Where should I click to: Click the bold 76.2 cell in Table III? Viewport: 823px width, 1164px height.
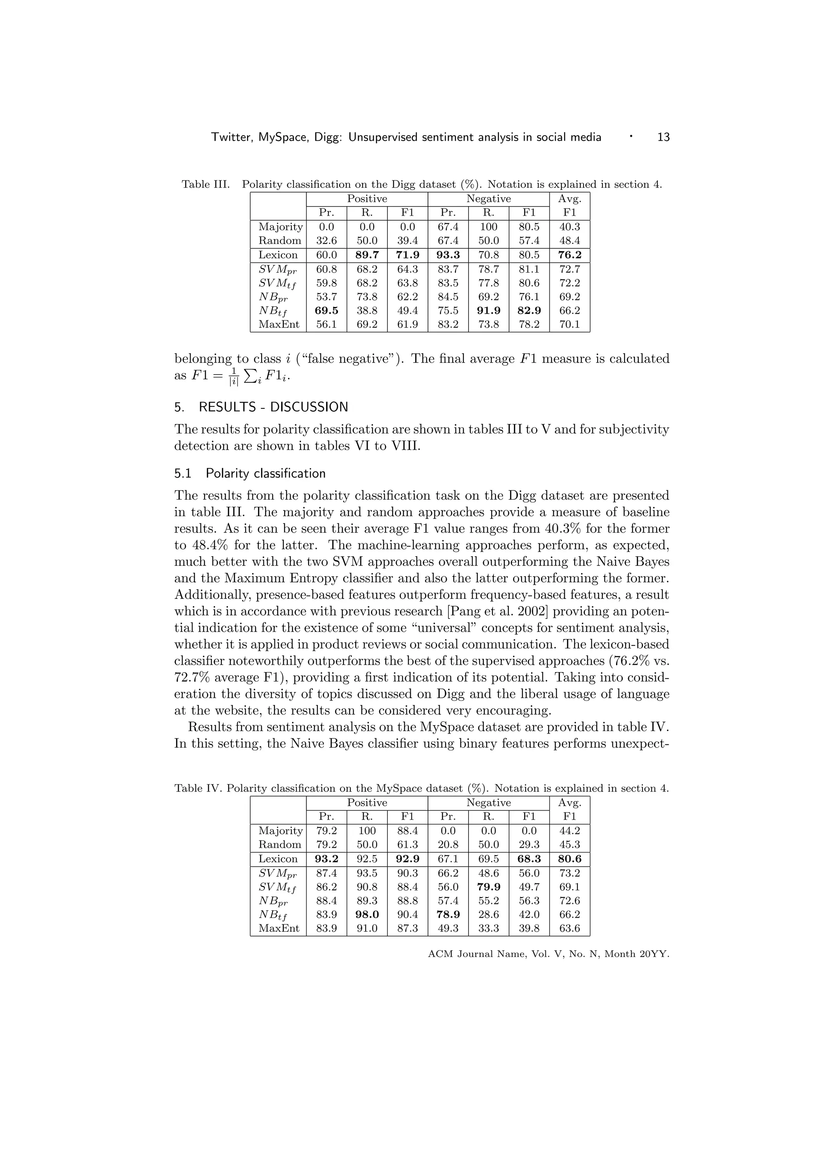[x=569, y=255]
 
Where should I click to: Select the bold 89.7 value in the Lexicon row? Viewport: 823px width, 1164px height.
[x=367, y=255]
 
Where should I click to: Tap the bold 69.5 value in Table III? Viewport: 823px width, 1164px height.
[x=326, y=310]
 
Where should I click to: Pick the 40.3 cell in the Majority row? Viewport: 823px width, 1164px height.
[x=569, y=227]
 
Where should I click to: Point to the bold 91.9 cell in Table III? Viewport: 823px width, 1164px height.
[x=489, y=310]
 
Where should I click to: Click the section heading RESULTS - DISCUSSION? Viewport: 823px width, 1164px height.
[x=273, y=407]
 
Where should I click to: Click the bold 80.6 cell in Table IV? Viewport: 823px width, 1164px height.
[x=569, y=859]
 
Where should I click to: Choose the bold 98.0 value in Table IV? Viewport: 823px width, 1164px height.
[x=367, y=914]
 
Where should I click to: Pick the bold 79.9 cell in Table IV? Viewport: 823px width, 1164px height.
[x=489, y=887]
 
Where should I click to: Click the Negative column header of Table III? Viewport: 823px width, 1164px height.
[x=489, y=199]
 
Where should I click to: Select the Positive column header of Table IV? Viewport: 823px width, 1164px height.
[x=367, y=803]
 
